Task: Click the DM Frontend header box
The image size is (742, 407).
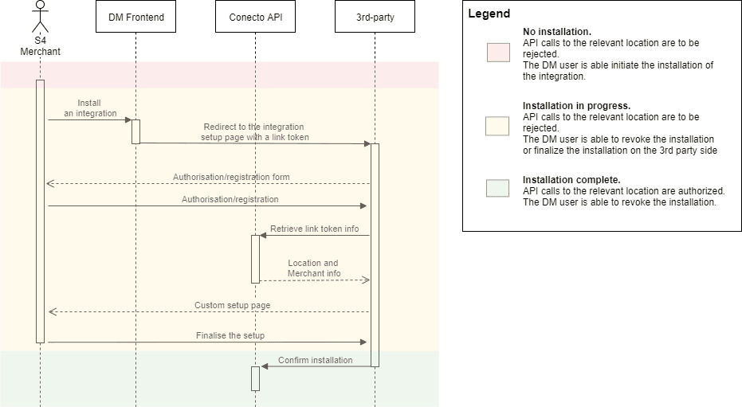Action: (x=135, y=17)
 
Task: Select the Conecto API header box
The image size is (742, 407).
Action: (x=255, y=17)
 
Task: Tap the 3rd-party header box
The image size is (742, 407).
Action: (x=375, y=17)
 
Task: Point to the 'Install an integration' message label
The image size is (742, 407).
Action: (x=90, y=108)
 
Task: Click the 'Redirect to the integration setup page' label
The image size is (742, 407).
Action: (x=253, y=131)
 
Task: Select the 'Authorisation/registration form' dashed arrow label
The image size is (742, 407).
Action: (x=231, y=177)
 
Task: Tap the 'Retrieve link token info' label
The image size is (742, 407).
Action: (x=314, y=229)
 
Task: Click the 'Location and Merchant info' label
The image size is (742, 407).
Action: (x=313, y=268)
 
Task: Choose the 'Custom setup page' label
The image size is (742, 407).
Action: (x=232, y=305)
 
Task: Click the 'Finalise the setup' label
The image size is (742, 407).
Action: (x=230, y=335)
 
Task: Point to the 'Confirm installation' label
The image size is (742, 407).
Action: (x=315, y=360)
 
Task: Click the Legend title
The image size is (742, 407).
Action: (x=489, y=14)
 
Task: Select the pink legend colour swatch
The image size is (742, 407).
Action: (x=498, y=53)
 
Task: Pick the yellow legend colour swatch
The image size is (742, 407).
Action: (x=498, y=126)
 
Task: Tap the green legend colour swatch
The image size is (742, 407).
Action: (x=498, y=188)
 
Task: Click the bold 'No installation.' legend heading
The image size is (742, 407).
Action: (x=556, y=32)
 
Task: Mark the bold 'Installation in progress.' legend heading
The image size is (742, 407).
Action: (x=576, y=105)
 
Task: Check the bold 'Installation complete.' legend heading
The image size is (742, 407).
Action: (x=571, y=179)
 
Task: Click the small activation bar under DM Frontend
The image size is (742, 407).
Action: (x=135, y=131)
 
